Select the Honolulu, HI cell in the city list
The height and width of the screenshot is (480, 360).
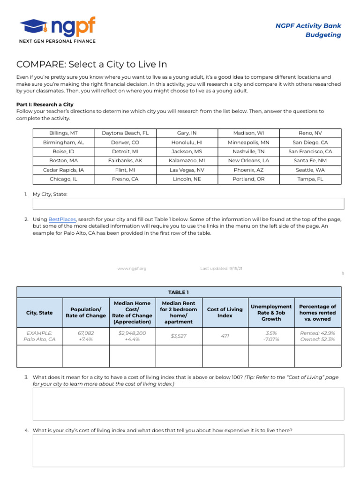click(187, 142)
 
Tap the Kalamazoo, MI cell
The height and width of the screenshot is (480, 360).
click(187, 160)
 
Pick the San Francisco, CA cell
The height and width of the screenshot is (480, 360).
click(310, 151)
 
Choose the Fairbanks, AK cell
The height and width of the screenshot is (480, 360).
click(125, 160)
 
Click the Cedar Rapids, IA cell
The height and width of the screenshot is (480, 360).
click(64, 170)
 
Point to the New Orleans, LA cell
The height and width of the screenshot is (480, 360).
click(248, 160)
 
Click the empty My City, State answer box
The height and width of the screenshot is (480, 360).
click(188, 203)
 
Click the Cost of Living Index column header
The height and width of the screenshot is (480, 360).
click(225, 313)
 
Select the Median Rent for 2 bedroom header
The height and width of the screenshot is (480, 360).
click(178, 313)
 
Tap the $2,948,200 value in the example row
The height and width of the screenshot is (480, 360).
click(132, 333)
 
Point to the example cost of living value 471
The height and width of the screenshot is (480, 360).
click(225, 336)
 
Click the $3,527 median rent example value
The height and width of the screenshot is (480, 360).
click(178, 336)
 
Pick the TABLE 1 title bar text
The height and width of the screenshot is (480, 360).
click(179, 292)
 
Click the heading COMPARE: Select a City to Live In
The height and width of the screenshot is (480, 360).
click(91, 64)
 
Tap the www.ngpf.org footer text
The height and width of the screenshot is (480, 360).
click(132, 269)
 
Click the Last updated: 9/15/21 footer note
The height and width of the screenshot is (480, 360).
click(221, 269)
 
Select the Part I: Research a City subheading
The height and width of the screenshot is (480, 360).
click(45, 105)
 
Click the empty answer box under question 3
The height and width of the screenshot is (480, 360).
click(188, 404)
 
